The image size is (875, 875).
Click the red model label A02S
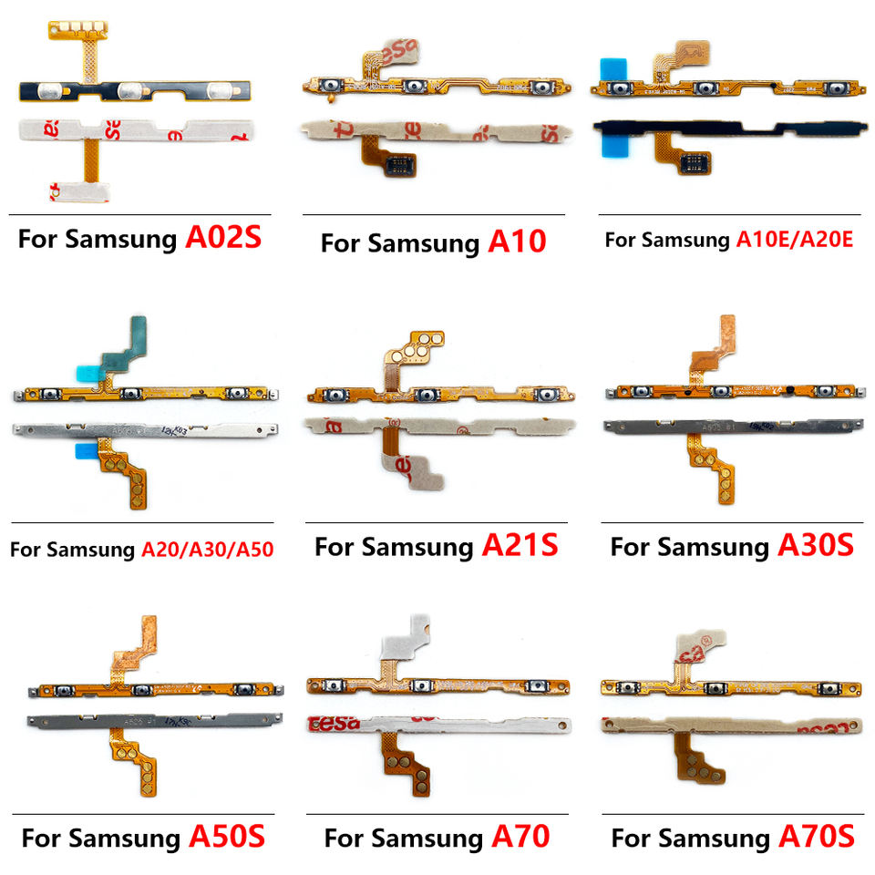(x=223, y=239)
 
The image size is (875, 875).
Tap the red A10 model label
(x=517, y=242)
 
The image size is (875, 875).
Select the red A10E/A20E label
(x=794, y=240)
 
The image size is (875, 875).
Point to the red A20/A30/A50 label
(x=208, y=550)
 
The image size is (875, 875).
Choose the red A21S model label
(x=520, y=546)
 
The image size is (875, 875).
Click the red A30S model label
(x=815, y=546)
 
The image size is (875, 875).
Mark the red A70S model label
(x=816, y=836)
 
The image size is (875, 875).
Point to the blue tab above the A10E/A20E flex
(x=610, y=68)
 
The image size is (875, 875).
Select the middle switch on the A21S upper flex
(x=427, y=396)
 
